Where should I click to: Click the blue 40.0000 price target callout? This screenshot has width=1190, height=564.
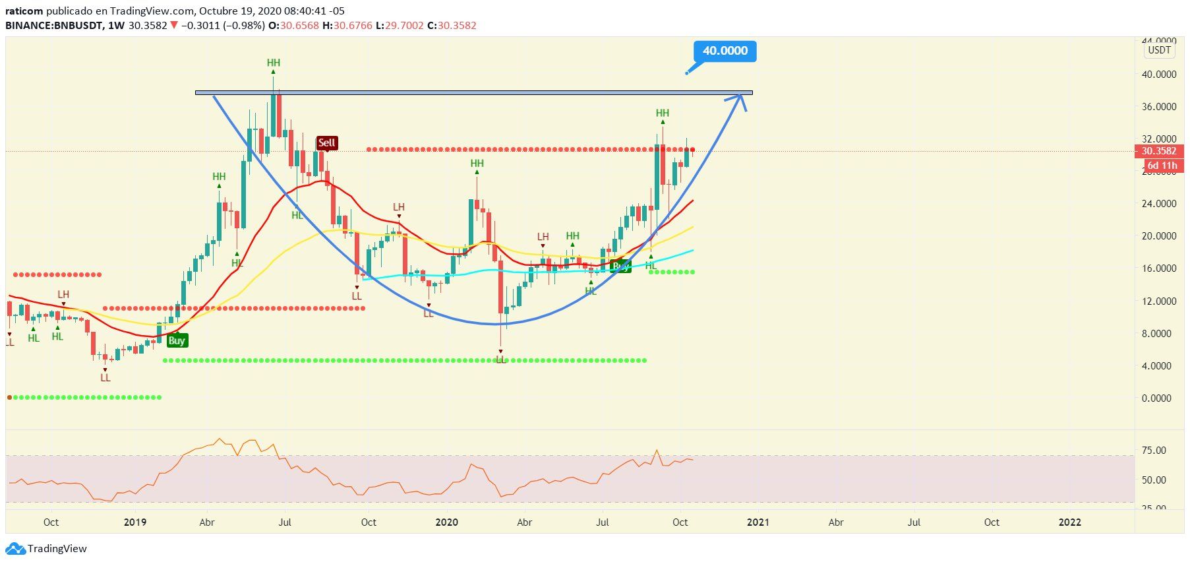[725, 51]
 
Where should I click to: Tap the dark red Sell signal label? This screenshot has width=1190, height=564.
[326, 142]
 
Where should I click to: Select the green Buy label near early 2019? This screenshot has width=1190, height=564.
[176, 340]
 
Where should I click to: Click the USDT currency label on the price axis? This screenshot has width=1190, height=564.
[1159, 50]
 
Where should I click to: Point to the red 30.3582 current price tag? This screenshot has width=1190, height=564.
[1158, 151]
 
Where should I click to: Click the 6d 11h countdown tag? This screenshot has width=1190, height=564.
[1161, 165]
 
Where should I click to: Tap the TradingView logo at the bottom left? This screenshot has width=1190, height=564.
[46, 548]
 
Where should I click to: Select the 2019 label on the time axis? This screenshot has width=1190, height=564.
[135, 522]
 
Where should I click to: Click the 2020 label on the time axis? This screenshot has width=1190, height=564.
[446, 522]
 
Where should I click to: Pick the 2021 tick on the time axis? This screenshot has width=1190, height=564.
[758, 522]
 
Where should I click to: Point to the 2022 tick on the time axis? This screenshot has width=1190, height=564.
[1069, 522]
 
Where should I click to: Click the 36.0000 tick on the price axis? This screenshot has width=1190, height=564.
[1158, 107]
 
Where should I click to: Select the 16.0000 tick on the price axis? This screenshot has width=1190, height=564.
[1158, 268]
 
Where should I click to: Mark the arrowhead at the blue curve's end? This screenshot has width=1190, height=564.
[740, 99]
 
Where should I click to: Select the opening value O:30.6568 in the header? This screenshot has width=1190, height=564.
[290, 25]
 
